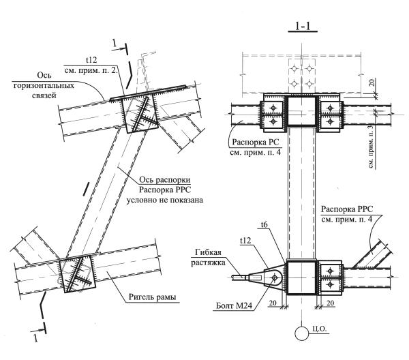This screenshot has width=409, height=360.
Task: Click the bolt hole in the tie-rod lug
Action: point(275,277)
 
